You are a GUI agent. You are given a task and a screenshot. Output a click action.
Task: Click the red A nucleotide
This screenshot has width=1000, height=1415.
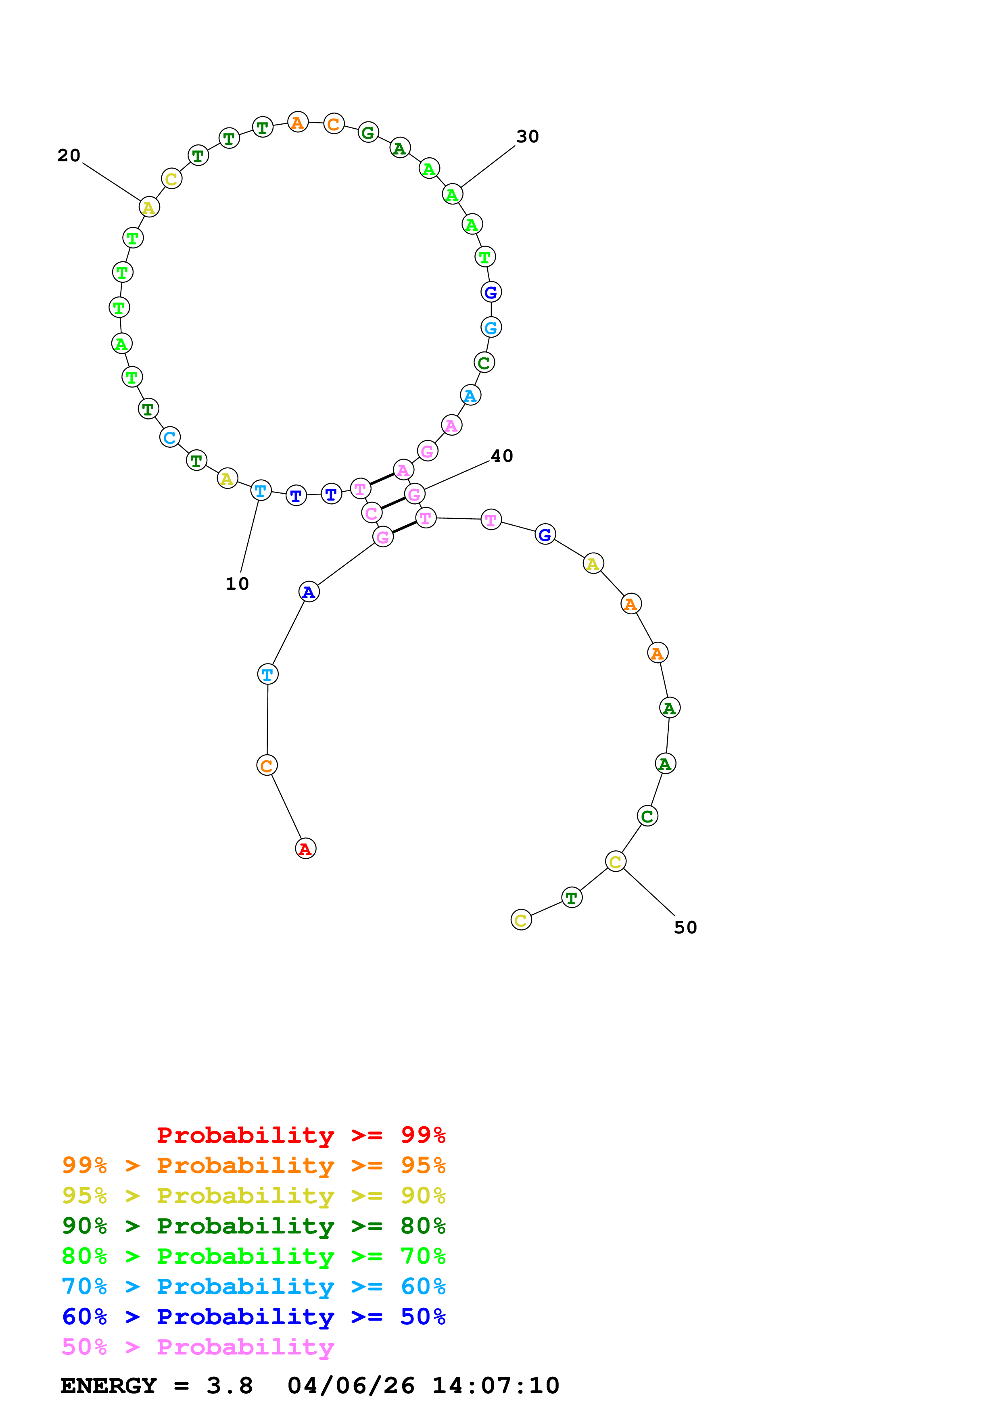(306, 849)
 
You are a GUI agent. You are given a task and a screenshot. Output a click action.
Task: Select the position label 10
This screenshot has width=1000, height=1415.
(237, 584)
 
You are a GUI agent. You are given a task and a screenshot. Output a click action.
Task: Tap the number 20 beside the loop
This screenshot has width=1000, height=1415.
(69, 155)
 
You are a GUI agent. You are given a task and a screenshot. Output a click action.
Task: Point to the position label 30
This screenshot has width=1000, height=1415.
(527, 136)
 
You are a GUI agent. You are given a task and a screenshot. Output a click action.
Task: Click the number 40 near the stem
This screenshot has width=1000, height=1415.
(501, 456)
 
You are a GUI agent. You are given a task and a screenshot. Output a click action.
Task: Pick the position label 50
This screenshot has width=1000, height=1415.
(685, 927)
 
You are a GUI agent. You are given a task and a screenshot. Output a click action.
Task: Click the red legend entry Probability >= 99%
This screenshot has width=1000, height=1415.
(301, 1135)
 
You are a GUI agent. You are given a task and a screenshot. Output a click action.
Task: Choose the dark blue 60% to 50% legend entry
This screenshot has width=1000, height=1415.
(253, 1317)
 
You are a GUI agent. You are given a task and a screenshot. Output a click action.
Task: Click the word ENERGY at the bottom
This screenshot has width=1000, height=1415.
(109, 1386)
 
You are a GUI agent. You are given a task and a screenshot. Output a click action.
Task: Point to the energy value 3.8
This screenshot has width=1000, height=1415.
(229, 1386)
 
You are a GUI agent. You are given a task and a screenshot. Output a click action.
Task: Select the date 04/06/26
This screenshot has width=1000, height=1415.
(350, 1386)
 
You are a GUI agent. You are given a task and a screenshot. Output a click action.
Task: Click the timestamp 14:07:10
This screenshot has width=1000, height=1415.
(495, 1386)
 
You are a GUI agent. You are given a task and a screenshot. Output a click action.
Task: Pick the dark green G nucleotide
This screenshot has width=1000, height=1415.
(368, 132)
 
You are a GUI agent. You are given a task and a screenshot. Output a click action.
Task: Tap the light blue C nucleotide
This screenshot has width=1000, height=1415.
(170, 438)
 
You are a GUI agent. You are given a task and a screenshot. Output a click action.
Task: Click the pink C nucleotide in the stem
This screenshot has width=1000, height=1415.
(372, 513)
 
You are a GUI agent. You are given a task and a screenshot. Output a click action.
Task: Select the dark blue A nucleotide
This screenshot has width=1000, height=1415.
(309, 592)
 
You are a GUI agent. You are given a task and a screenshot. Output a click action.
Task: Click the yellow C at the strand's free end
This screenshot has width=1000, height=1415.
(521, 920)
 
